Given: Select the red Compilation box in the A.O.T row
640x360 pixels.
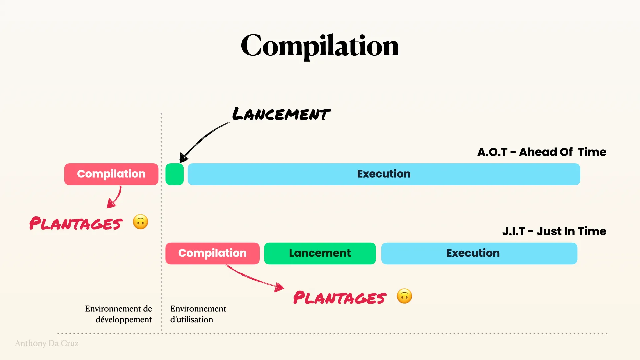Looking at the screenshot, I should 111,174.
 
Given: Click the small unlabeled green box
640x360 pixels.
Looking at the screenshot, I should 174,174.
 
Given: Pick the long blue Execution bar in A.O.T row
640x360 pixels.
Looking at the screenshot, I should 384,174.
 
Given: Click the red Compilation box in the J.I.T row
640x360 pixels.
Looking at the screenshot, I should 212,253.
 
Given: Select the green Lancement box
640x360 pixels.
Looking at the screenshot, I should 320,253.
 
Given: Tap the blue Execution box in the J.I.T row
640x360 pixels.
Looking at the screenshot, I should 479,253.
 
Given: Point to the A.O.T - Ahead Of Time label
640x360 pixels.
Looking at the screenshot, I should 542,152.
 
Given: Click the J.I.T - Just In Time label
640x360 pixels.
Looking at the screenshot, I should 554,231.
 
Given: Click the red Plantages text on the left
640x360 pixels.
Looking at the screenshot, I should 76,223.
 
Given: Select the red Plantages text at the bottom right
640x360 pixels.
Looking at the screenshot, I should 340,298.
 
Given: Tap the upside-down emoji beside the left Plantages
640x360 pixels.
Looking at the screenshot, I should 140,222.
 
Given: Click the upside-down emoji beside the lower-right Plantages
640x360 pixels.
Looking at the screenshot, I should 404,296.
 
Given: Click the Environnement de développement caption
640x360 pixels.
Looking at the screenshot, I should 118,314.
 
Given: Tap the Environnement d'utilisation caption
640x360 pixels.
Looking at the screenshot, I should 198,314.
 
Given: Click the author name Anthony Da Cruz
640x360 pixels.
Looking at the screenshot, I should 47,343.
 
